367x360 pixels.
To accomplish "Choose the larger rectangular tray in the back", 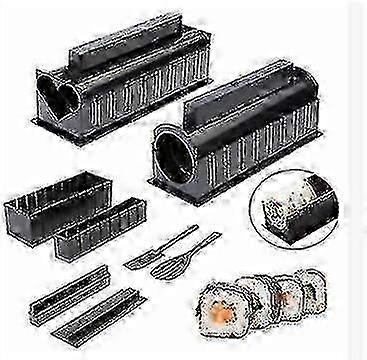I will [x=50, y=204].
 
